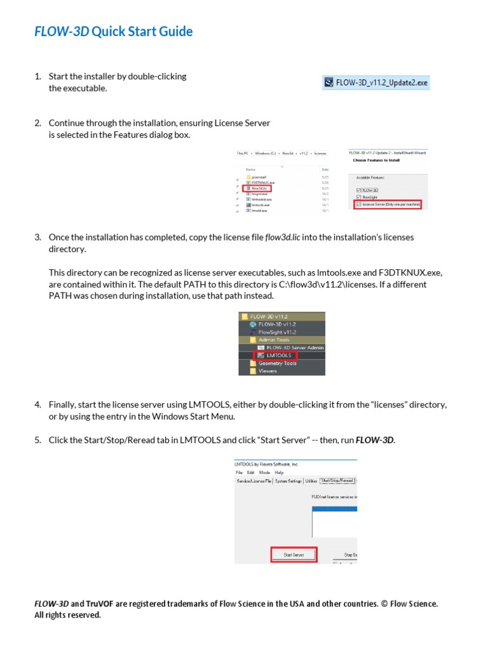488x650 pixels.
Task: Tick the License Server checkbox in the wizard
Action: [x=358, y=204]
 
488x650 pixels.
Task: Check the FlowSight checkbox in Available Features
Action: [x=358, y=197]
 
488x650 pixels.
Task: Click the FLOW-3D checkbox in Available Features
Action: [x=358, y=190]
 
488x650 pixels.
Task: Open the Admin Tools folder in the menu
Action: [x=274, y=340]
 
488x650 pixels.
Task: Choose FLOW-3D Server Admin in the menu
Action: [x=295, y=348]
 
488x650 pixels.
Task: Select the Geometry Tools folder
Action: [x=277, y=363]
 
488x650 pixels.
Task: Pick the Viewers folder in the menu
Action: [x=268, y=371]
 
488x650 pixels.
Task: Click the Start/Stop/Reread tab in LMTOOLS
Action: [x=337, y=481]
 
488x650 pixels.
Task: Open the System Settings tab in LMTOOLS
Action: [x=288, y=481]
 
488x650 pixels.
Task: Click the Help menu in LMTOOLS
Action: [x=280, y=473]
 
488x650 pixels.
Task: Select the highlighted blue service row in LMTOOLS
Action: [x=334, y=509]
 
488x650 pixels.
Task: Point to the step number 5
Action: [x=37, y=441]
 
